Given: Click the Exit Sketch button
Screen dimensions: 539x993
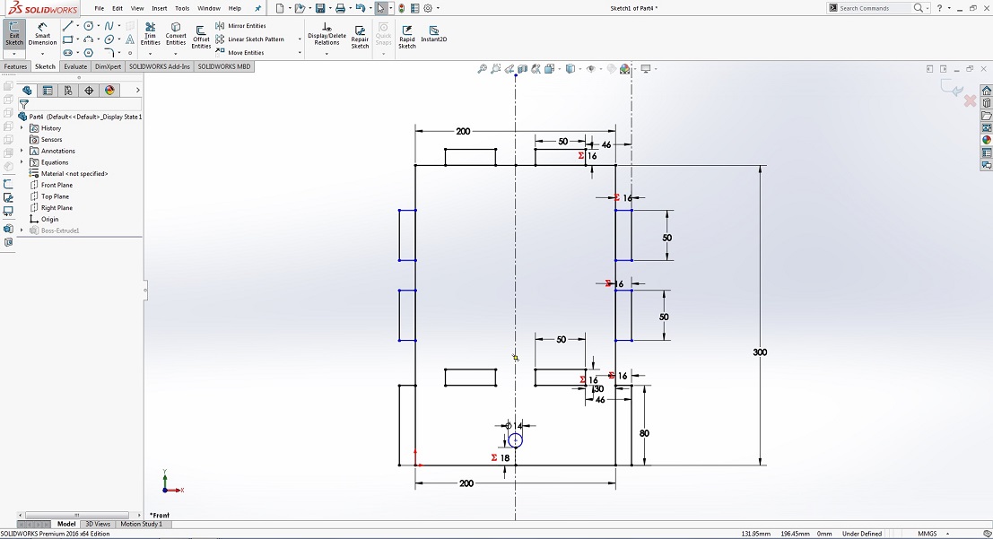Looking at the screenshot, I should coord(14,34).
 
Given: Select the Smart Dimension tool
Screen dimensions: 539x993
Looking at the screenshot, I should coord(42,34).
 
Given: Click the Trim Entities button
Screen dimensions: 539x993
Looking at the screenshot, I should coord(150,34).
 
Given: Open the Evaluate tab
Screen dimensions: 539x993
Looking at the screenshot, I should coord(75,66).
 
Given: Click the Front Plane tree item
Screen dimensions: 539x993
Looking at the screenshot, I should coord(57,185).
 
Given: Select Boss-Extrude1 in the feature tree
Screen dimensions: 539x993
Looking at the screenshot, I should coord(60,230).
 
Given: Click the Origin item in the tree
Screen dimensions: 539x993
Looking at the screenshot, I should coord(49,219).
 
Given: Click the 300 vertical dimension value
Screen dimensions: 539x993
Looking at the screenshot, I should coord(760,352).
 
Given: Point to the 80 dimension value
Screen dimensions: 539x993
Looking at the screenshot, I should coord(644,433).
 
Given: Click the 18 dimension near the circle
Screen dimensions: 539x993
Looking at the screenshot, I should coord(505,458).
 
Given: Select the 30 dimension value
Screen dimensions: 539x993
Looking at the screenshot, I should coord(598,389).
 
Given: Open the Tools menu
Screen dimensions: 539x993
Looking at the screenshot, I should coord(182,8).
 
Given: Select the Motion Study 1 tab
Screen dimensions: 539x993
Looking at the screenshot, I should coord(142,524).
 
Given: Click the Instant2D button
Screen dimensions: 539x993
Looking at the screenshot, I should coord(434,34).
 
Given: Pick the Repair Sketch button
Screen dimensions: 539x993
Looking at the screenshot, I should coord(360,36).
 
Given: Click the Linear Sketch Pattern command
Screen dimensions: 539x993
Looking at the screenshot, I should coord(256,39).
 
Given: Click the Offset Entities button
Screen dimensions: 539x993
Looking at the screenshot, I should coord(201,36).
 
